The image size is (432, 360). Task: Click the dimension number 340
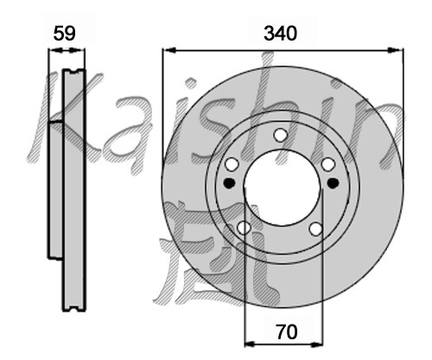280,34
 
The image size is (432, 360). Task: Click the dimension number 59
65,34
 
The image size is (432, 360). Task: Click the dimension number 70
287,332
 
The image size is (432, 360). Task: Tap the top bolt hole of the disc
280,135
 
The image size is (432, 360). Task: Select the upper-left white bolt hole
232,164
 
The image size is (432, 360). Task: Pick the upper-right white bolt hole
328,164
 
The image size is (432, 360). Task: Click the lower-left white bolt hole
244,228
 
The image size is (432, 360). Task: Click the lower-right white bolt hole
316,229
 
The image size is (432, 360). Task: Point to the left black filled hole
230,183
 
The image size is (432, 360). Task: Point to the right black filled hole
334,183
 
